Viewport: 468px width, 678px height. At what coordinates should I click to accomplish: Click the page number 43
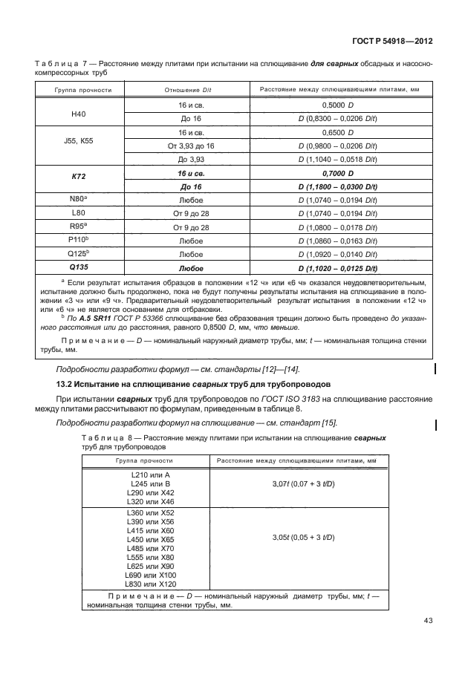pos(426,621)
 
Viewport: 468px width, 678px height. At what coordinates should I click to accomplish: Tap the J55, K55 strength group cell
pos(72,141)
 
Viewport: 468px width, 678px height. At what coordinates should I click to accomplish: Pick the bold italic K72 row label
pos(72,179)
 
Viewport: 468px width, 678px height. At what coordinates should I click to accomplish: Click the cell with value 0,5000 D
pos(338,106)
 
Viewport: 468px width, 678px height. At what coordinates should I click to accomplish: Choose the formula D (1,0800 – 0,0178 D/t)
pos(338,227)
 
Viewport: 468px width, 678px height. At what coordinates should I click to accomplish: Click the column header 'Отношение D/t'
pos(182,90)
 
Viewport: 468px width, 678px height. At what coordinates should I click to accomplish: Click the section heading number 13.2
pos(65,384)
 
